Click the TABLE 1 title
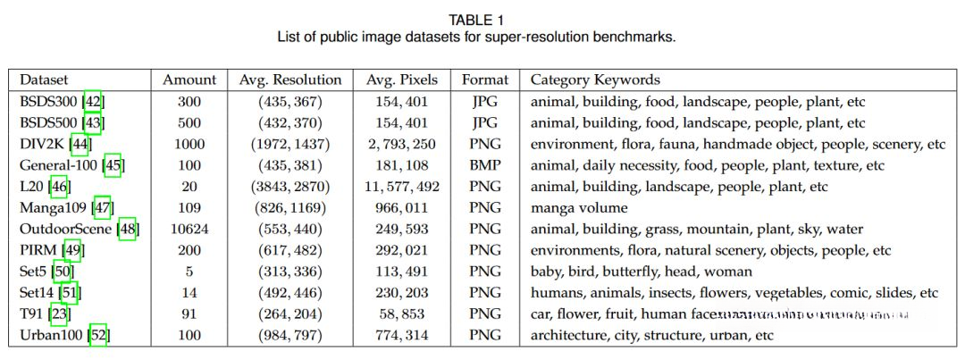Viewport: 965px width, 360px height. (x=482, y=20)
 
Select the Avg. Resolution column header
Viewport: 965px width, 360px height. (x=290, y=80)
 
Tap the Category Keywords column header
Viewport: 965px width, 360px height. (x=595, y=80)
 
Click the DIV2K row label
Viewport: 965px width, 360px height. (x=43, y=144)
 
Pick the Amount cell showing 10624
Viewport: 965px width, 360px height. (x=189, y=229)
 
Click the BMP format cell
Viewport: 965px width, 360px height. (x=484, y=165)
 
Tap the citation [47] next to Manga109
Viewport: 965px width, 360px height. (x=102, y=208)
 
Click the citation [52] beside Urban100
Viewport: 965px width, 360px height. (x=98, y=336)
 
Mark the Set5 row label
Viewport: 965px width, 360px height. (x=34, y=272)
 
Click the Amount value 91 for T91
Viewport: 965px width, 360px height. (x=189, y=314)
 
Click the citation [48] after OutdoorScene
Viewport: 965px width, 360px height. (x=127, y=229)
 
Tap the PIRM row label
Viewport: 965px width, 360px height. (x=37, y=250)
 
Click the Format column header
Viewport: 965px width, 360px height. (x=484, y=80)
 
